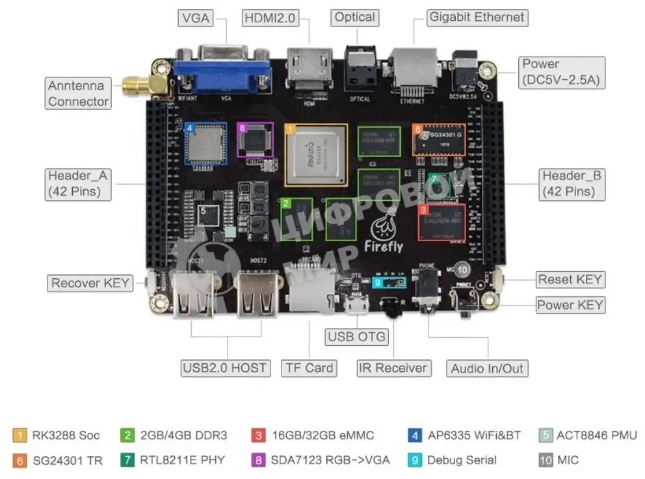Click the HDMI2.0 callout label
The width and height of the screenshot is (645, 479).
(x=270, y=18)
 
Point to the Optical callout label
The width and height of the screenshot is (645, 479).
(x=354, y=18)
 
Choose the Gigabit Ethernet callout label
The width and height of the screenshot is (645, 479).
(x=477, y=18)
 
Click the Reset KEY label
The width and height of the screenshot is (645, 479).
(x=570, y=279)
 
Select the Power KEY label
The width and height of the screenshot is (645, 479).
(x=570, y=305)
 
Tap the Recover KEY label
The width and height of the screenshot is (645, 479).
(x=91, y=283)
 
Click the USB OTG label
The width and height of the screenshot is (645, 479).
(x=357, y=337)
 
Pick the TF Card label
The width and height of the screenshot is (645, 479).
(x=309, y=368)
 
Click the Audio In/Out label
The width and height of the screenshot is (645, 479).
(x=487, y=369)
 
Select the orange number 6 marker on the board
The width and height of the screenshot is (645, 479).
(x=418, y=129)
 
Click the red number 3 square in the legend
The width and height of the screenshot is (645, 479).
(x=259, y=435)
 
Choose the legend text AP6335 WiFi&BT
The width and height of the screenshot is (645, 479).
(x=474, y=435)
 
